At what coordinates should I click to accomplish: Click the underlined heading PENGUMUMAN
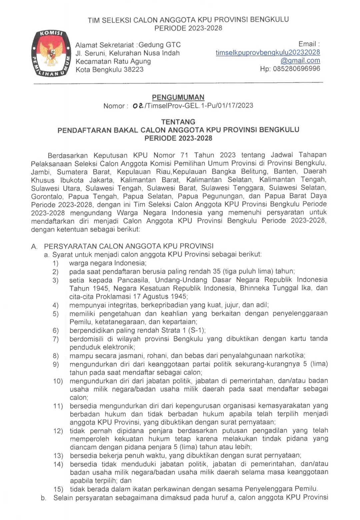tap(178, 97)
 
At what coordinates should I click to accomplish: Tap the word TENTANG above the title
tap(178, 122)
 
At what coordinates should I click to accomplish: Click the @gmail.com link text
tap(300, 61)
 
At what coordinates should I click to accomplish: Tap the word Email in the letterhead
tap(307, 44)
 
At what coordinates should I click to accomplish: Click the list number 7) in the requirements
tap(55, 339)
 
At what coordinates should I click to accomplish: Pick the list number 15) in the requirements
tap(58, 489)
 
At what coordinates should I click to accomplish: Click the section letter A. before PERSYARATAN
tap(34, 246)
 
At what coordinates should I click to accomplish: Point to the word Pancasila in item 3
tap(132, 280)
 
